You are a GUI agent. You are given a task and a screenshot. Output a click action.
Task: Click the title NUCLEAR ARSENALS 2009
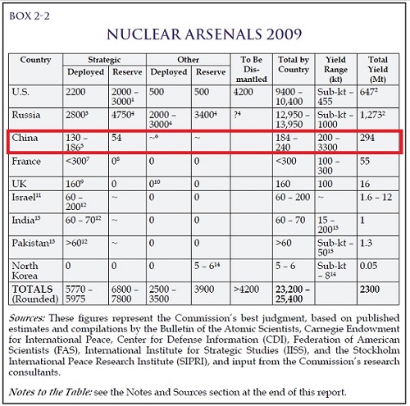[x=204, y=34]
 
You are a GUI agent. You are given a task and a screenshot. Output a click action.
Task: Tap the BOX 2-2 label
[x=30, y=16]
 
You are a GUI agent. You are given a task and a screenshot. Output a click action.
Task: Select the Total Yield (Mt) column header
[x=378, y=69]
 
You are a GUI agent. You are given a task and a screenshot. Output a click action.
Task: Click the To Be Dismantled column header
[x=251, y=69]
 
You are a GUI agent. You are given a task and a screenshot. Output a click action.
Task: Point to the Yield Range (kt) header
[x=335, y=69]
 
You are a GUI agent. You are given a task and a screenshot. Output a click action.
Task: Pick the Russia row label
[x=26, y=115]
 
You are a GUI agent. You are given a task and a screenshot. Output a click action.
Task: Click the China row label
[x=25, y=138]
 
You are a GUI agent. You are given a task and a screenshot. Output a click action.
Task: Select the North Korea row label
[x=25, y=271]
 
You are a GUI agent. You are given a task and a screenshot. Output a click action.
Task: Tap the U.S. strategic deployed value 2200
[x=75, y=92]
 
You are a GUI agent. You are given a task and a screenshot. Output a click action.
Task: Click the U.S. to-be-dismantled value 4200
[x=243, y=92]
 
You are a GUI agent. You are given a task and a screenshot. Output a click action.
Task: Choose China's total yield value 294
[x=367, y=138]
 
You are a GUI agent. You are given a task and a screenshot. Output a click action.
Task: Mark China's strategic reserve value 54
[x=116, y=138]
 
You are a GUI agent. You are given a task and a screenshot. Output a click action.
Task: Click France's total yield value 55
[x=365, y=161]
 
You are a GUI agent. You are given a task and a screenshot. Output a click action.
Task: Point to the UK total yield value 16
[x=365, y=184]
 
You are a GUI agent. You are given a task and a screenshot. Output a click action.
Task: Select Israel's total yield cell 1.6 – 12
[x=376, y=197]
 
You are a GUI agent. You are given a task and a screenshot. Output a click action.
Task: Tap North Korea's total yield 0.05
[x=368, y=266]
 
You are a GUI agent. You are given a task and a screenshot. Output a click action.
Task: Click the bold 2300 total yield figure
[x=370, y=290]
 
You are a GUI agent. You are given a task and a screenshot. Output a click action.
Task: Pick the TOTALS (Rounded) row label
[x=35, y=294]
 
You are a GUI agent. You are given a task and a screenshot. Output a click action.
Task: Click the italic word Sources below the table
[x=26, y=318]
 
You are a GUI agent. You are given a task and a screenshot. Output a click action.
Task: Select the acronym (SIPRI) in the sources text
[x=193, y=362]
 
